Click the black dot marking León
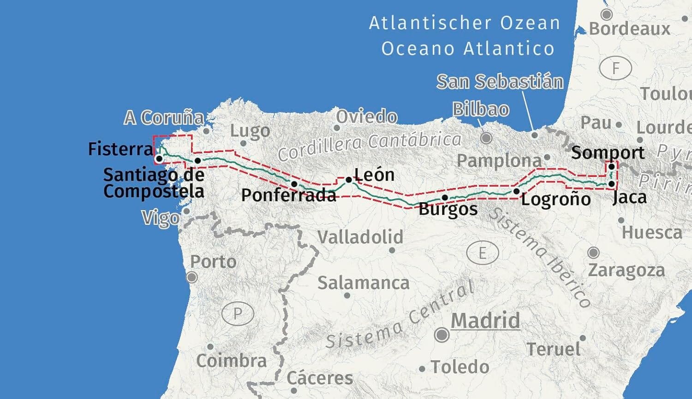point(349,180)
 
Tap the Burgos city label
point(448,209)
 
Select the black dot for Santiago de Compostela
point(197,161)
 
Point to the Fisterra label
point(120,149)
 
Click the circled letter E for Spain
point(483,253)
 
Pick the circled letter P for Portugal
point(238,314)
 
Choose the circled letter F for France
point(615,69)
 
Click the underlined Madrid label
point(485,320)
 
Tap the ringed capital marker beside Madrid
point(442,335)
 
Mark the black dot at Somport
point(611,167)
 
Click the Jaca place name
point(629,197)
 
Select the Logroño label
point(556,199)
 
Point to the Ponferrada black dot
point(294,184)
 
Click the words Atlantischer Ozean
point(465,23)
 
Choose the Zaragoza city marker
point(593,252)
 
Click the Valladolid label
point(360,237)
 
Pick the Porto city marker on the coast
point(191,277)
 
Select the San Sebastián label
point(500,82)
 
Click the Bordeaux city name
point(629,29)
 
